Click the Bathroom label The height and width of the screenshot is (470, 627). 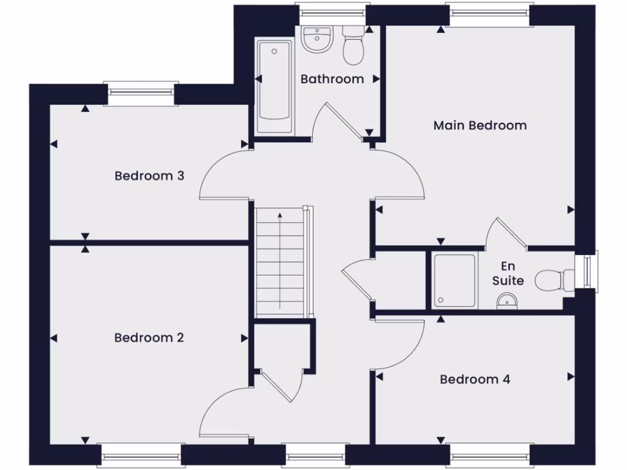point(332,79)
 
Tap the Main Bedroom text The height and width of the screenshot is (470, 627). point(479,125)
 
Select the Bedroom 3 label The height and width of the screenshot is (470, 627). point(149,176)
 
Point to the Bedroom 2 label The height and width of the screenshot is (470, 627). point(149,338)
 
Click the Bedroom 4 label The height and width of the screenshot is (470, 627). point(475,379)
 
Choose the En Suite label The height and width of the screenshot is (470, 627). point(508,274)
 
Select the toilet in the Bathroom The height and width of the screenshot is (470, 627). point(353,46)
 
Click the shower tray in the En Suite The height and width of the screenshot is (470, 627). point(454,280)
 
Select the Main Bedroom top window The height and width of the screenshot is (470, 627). point(489,13)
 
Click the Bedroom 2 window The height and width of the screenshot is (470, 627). point(141,455)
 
